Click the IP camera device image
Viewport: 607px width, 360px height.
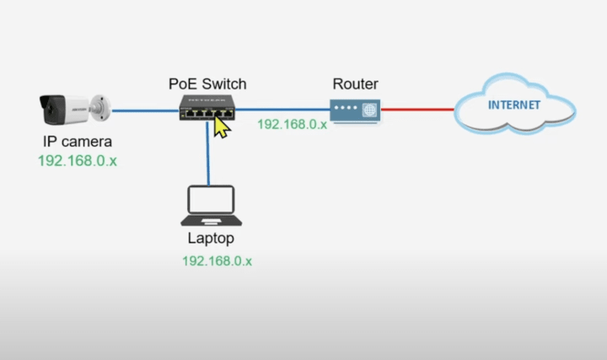72,110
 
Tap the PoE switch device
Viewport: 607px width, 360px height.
206,107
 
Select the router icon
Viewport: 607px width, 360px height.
354,110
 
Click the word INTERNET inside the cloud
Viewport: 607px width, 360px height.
514,107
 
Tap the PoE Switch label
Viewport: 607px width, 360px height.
207,83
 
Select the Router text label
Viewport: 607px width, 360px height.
355,83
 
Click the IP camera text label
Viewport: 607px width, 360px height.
77,142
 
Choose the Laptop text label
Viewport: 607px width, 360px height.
211,239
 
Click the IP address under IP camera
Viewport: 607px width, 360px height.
77,159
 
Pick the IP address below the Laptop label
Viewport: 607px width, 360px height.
217,261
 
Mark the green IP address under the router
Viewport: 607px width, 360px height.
292,124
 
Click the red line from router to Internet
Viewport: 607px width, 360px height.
416,110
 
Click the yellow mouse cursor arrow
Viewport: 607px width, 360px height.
222,126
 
